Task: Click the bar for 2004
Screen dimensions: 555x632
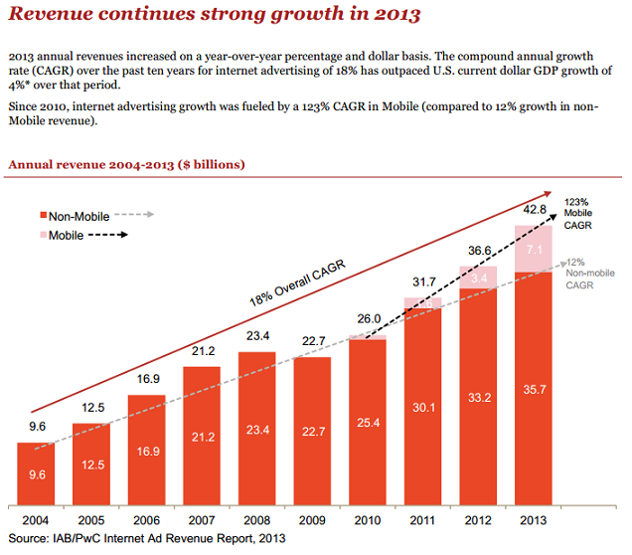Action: [x=36, y=472]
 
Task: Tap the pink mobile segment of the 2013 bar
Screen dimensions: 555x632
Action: [x=534, y=249]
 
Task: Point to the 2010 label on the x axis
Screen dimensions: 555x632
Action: [x=368, y=519]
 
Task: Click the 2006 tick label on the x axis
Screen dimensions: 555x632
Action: [x=147, y=519]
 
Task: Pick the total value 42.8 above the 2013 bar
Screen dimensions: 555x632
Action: [x=534, y=210]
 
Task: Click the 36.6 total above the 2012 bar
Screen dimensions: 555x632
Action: [x=478, y=252]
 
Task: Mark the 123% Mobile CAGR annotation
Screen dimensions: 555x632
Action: [x=578, y=213]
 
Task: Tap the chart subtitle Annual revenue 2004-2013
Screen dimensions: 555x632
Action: [x=126, y=163]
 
